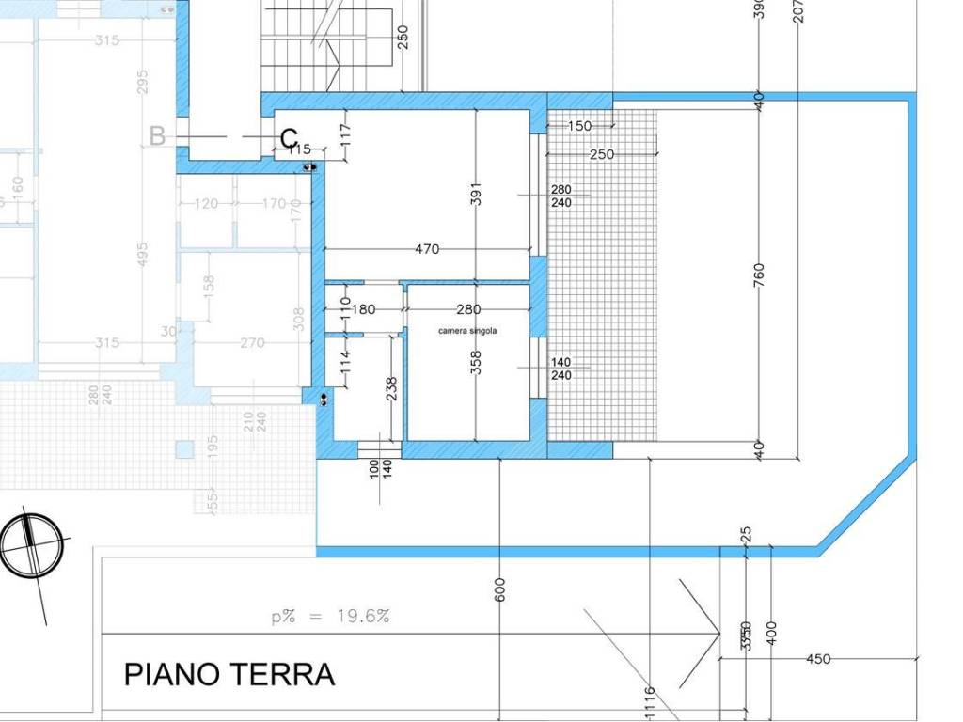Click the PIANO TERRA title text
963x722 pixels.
(x=229, y=674)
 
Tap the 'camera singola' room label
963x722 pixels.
(x=467, y=331)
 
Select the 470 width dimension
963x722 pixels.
(x=427, y=249)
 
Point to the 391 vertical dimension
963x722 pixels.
(x=476, y=195)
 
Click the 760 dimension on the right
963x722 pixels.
(x=759, y=275)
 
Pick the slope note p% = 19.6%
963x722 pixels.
(x=330, y=617)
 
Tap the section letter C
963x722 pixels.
(x=290, y=139)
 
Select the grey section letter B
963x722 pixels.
(x=157, y=136)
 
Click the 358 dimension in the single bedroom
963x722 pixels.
(x=476, y=363)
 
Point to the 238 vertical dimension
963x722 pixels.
(x=391, y=389)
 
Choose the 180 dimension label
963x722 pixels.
(x=363, y=309)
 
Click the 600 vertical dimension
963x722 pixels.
(x=500, y=589)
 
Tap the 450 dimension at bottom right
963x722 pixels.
(x=818, y=659)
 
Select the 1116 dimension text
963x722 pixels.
(x=649, y=703)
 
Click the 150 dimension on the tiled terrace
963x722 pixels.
(x=580, y=126)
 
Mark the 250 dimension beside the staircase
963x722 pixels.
(x=403, y=37)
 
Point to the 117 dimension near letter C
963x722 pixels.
(x=344, y=134)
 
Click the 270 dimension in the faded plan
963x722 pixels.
(x=252, y=343)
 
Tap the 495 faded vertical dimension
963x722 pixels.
(x=143, y=255)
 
